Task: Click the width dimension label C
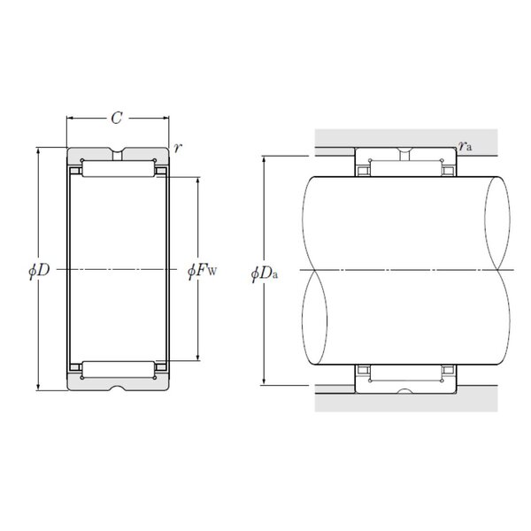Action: [117, 119]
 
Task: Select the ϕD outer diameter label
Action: [39, 270]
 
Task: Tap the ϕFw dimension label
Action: [202, 270]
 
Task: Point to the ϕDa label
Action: [265, 273]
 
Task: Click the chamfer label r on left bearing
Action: [178, 148]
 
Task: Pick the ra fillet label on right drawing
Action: [466, 146]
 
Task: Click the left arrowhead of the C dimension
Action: [69, 119]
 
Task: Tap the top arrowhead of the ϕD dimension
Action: [38, 150]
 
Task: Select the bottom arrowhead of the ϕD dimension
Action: [38, 387]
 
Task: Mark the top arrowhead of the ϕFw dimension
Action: [198, 181]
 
